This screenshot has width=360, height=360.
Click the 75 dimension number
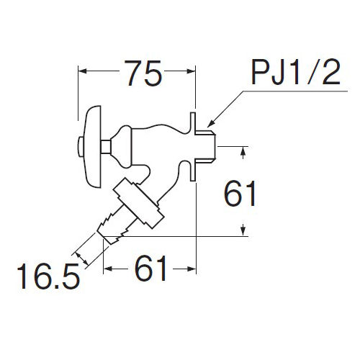click(x=144, y=73)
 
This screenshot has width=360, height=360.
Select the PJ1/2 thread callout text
click(x=296, y=72)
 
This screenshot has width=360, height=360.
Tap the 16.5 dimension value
click(x=48, y=276)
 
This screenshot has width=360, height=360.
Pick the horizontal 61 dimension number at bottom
click(x=150, y=268)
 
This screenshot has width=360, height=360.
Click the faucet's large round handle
click(x=93, y=147)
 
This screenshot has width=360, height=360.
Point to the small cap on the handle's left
click(x=81, y=147)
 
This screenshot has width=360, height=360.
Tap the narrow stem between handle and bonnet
click(x=106, y=147)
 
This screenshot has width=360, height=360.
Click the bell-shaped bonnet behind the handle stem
click(x=122, y=146)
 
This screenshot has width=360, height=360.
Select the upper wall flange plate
click(x=194, y=122)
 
